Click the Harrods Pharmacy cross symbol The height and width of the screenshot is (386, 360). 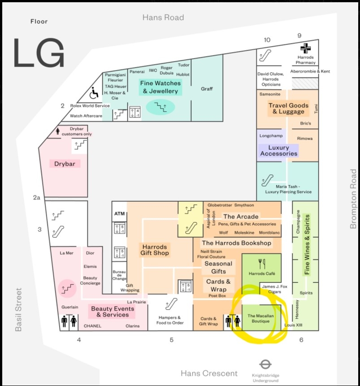(305, 48)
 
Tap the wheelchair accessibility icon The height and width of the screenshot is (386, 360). (94, 92)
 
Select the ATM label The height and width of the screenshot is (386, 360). (119, 213)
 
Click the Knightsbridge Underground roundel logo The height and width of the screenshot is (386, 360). (265, 364)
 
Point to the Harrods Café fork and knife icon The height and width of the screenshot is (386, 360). (262, 264)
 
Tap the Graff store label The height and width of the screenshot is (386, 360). (207, 89)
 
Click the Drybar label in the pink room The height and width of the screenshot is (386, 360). (65, 164)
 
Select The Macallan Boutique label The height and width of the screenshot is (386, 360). (260, 318)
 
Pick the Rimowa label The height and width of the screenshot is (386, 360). (304, 139)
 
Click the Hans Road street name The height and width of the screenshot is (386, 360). (163, 17)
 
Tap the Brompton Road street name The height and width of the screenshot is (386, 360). (353, 199)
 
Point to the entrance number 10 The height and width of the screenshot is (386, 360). (267, 40)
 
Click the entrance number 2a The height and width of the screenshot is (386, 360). (37, 197)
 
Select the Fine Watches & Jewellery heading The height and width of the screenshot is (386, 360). (160, 87)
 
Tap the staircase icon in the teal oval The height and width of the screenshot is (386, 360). (160, 107)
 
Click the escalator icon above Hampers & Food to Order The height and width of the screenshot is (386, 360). (171, 304)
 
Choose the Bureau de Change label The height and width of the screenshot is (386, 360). (119, 275)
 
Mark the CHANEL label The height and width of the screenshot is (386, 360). (92, 326)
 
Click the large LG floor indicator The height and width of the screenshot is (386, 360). (39, 52)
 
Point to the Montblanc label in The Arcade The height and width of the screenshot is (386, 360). (269, 233)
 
